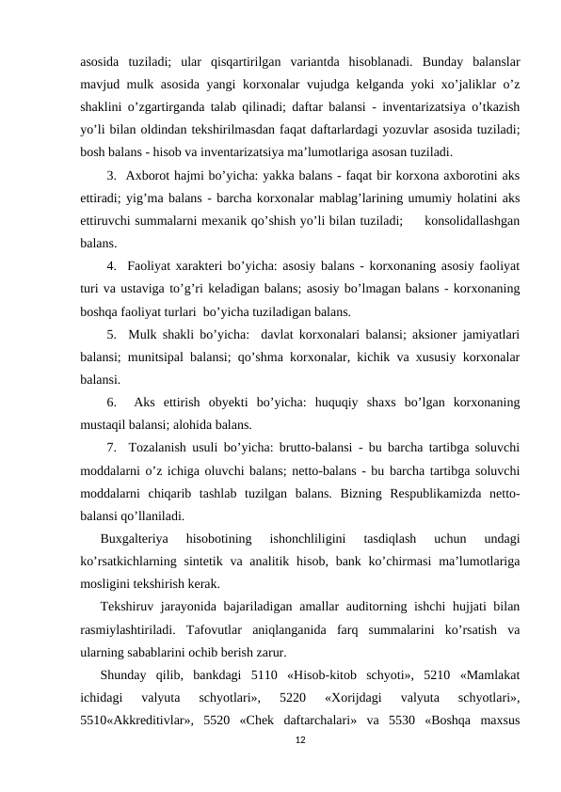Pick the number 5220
292,697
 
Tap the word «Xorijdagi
352,697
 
